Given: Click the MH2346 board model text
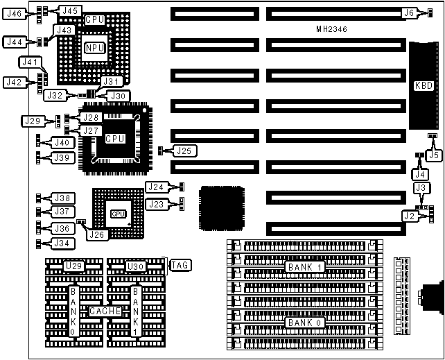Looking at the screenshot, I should pos(332,30).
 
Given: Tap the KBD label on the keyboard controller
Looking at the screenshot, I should pos(422,86).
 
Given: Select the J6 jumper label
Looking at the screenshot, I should pos(409,12).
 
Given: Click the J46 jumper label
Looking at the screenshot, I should pos(15,13).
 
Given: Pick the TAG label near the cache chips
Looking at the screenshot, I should pos(181,264).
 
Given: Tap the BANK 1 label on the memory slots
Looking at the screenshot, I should pos(306,266).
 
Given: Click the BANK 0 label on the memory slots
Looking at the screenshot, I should pos(306,323).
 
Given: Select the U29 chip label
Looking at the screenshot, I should pos(72,265).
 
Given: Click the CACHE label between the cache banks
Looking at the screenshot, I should pos(105,311).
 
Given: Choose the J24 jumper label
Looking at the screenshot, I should pos(156,187).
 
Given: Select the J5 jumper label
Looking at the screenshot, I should pos(434,155).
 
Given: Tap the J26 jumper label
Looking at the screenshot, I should pos(96,234).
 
